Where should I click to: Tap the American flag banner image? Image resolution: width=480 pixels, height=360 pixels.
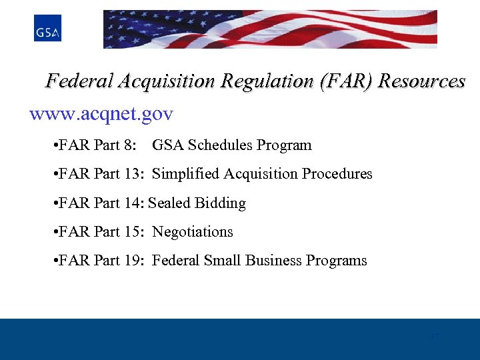[x=270, y=29]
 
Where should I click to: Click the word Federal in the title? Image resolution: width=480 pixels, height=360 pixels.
[x=79, y=81]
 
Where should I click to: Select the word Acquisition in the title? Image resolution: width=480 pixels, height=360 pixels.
[x=166, y=81]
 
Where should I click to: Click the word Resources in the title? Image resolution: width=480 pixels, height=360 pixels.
[x=422, y=81]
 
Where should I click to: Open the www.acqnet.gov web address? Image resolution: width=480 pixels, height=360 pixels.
[x=101, y=115]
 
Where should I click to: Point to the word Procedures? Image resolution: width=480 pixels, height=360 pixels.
[x=337, y=174]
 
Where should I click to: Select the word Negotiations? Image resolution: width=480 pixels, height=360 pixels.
[x=193, y=232]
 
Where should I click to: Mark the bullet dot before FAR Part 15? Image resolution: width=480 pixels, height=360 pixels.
[x=53, y=233]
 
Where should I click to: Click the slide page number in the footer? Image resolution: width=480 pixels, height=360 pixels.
[x=434, y=337]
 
